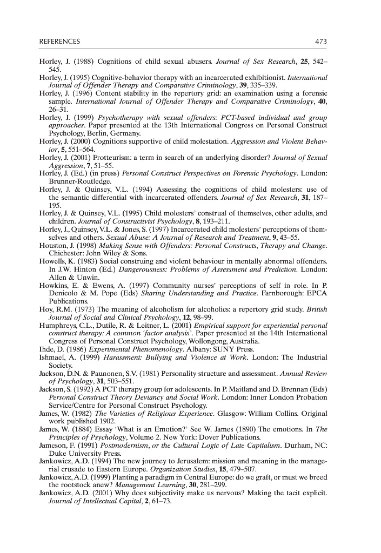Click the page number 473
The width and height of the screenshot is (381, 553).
pos(320,42)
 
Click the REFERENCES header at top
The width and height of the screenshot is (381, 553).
pos(59,42)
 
